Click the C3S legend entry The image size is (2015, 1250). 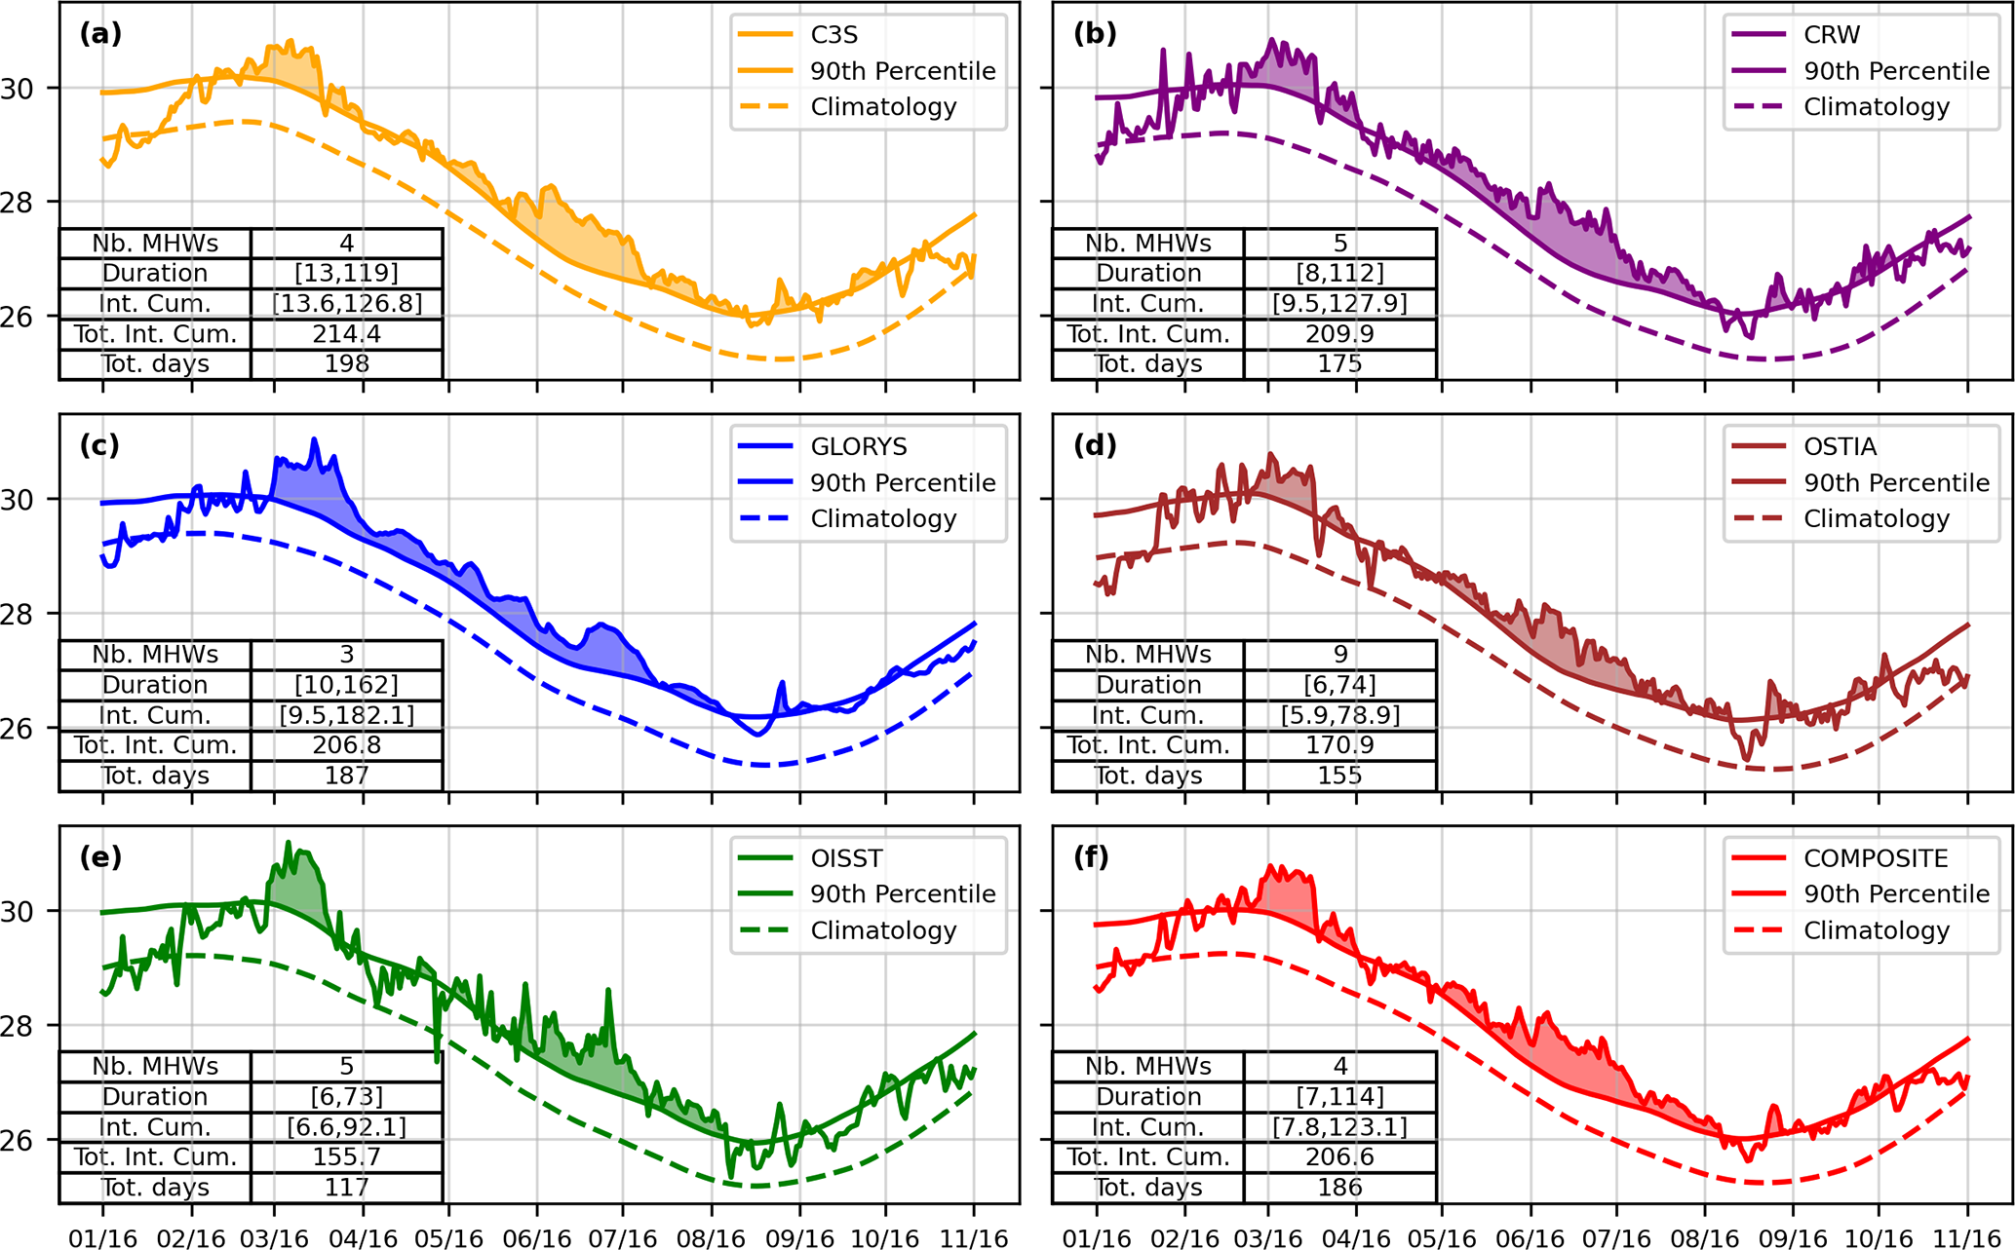833,35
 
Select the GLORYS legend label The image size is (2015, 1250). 858,447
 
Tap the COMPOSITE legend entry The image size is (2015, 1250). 1875,858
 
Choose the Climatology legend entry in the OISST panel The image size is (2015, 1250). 882,930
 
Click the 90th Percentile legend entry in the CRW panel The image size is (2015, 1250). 1895,71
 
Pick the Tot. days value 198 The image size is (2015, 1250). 346,364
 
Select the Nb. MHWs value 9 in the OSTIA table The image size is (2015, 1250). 1339,655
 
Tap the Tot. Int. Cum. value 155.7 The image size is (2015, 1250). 346,1157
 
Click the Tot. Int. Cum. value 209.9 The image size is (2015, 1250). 1339,334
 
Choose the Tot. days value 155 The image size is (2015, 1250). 1339,777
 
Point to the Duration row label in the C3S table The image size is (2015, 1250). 155,273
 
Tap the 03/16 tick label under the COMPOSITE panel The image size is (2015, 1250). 1267,1238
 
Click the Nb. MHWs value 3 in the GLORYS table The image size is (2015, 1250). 346,655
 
